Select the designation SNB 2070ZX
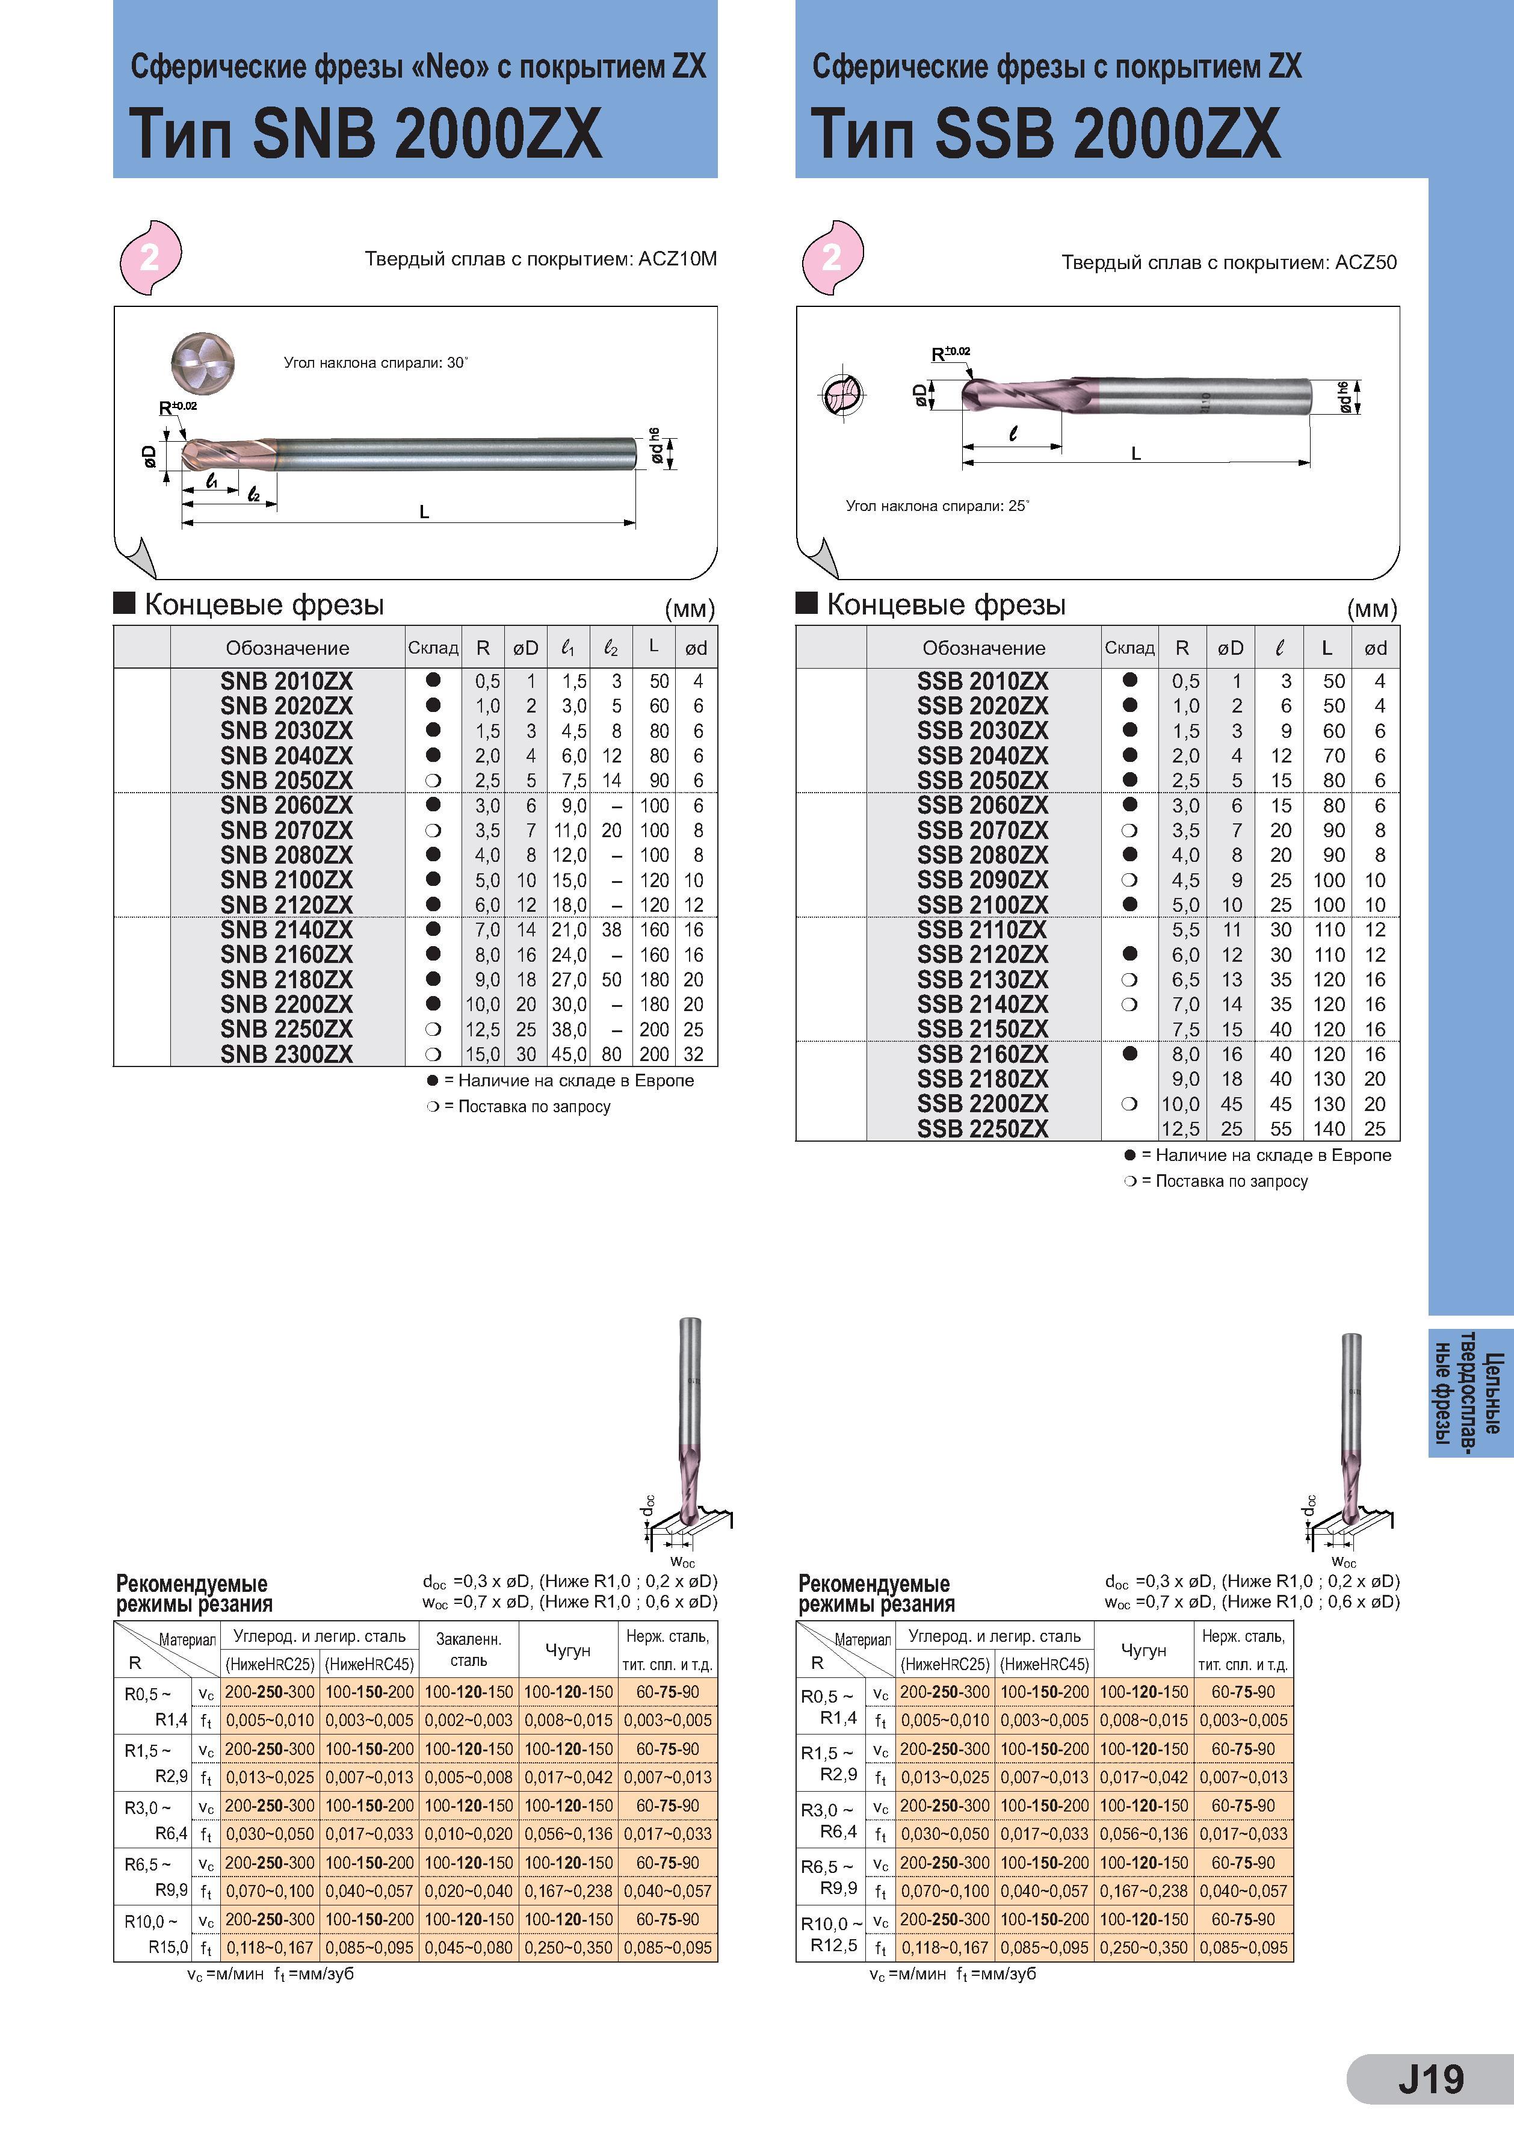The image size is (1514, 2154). coord(286,831)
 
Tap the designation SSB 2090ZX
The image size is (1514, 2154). coord(983,880)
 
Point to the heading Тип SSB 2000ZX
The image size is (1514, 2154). coord(1046,132)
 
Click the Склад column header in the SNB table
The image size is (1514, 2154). coord(433,648)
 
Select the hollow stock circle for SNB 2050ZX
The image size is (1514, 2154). coord(433,781)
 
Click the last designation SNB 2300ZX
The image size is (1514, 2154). coord(286,1054)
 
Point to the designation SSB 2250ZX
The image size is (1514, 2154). coord(983,1128)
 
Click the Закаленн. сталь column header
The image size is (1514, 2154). coord(469,1649)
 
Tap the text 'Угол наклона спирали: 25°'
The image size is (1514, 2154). coord(937,506)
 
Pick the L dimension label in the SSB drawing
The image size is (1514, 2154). coord(1136,453)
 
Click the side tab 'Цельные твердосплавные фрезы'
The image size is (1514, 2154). coord(1470,1392)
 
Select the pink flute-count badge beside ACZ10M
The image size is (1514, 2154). coord(150,257)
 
